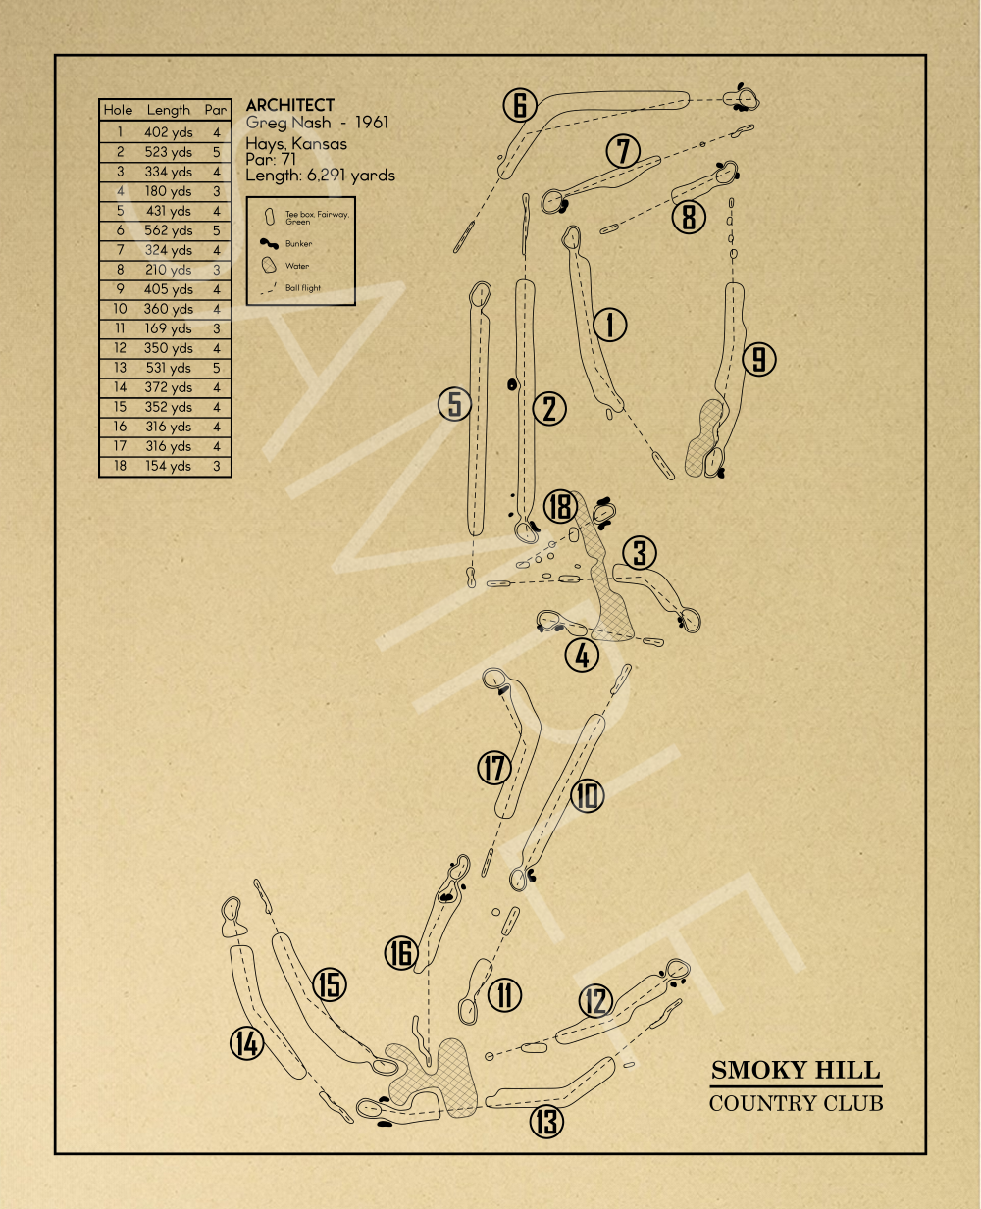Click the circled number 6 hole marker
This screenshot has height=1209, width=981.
pos(520,105)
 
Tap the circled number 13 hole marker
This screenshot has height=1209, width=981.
pos(546,1122)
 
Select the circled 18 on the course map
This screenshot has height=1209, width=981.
pos(560,506)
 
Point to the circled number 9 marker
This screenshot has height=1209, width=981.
pos(759,359)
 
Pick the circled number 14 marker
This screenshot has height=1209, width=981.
pos(247,1044)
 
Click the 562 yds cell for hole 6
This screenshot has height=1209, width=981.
pos(169,230)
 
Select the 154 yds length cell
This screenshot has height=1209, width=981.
pos(168,466)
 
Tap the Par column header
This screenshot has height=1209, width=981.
pos(216,110)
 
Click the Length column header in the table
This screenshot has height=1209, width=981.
pos(168,110)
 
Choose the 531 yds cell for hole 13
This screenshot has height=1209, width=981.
pos(168,368)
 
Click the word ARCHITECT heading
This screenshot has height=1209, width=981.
pos(290,105)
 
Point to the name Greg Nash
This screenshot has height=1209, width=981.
pos(288,124)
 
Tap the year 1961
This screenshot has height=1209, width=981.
pos(372,123)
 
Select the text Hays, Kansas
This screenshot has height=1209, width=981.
pos(296,144)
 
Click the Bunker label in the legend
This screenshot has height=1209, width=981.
pos(298,244)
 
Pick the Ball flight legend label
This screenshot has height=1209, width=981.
pos(303,288)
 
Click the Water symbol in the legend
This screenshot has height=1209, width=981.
pos(269,265)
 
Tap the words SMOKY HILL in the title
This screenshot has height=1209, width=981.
pos(796,1071)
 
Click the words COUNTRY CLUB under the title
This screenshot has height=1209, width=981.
pos(796,1103)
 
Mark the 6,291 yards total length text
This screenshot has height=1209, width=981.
pos(351,176)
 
